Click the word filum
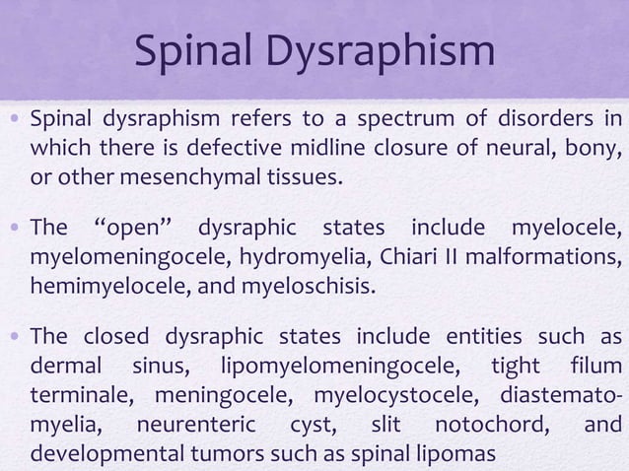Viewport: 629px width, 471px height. click(x=594, y=368)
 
